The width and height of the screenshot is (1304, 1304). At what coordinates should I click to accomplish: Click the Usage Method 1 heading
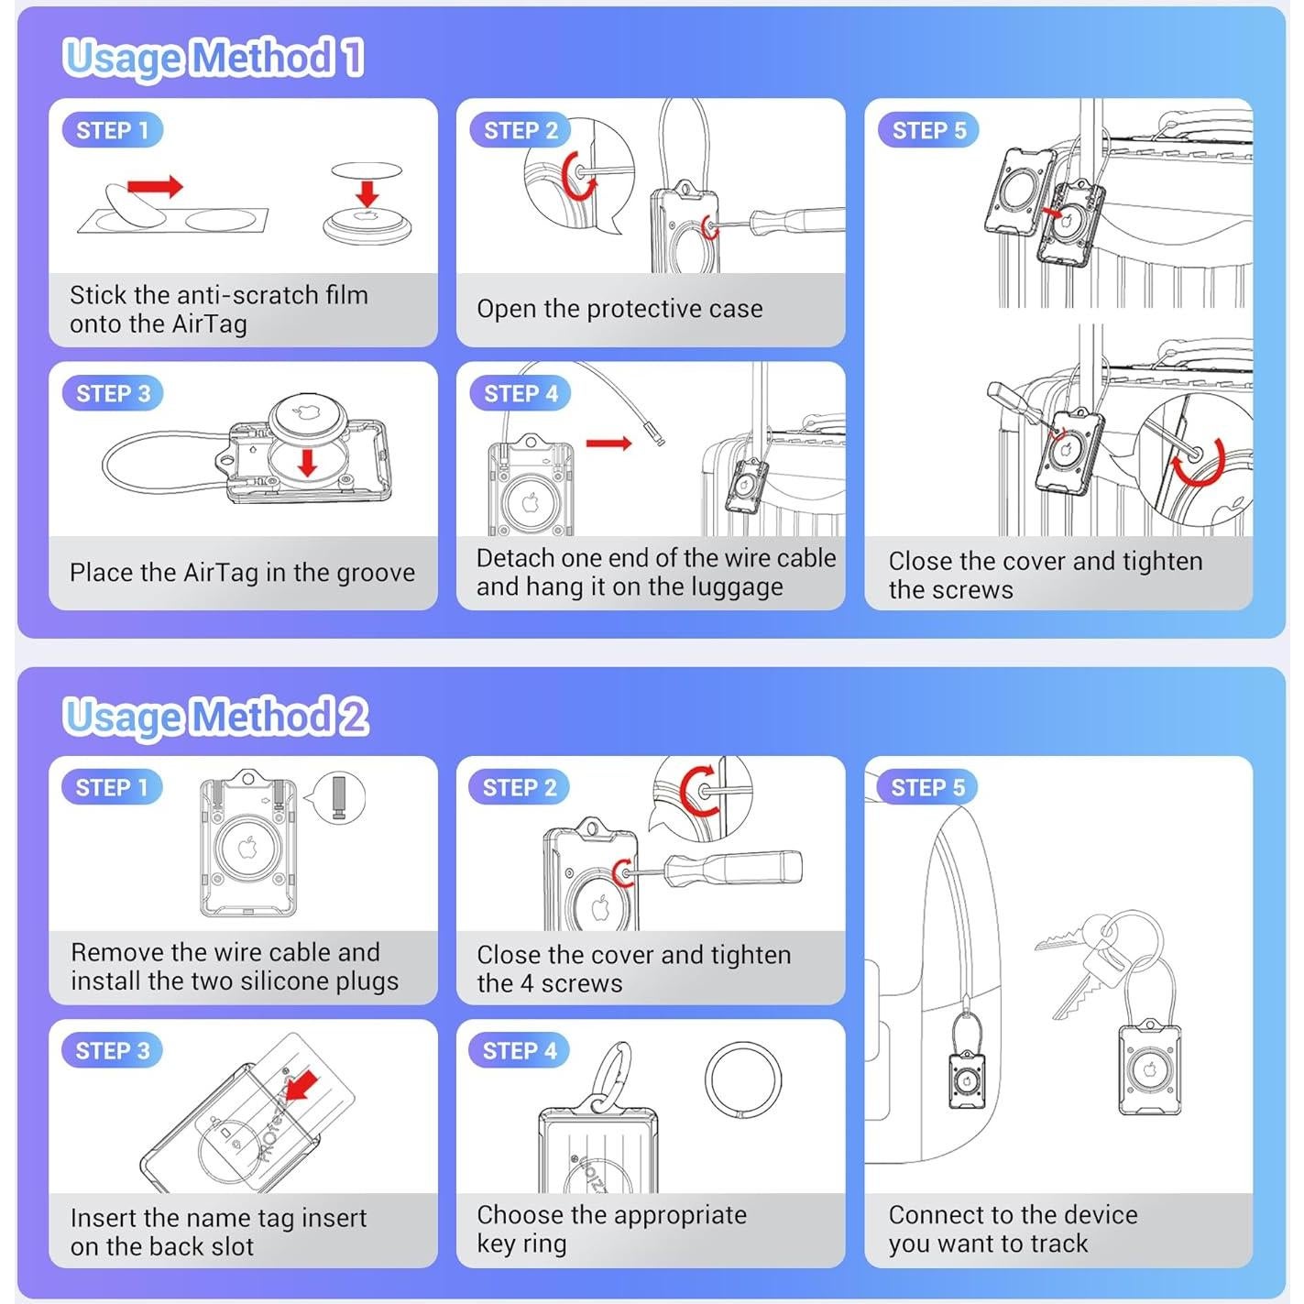[x=214, y=58]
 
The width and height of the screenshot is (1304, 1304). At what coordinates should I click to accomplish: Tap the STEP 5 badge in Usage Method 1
[x=927, y=130]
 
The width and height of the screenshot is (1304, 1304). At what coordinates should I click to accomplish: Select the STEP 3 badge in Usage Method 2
[x=113, y=1051]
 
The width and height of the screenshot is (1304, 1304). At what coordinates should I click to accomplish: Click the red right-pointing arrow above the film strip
[x=154, y=186]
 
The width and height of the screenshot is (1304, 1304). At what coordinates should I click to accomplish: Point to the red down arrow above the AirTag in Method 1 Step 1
[x=367, y=192]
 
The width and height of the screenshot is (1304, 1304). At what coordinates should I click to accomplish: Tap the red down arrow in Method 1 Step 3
[x=308, y=462]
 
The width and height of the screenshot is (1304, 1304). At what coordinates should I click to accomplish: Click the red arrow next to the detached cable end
[x=608, y=444]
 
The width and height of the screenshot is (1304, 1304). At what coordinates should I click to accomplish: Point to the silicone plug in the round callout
[x=340, y=798]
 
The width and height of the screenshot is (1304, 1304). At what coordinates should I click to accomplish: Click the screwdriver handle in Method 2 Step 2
[x=735, y=868]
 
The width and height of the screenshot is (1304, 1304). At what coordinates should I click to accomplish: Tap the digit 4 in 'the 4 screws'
[x=527, y=984]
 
